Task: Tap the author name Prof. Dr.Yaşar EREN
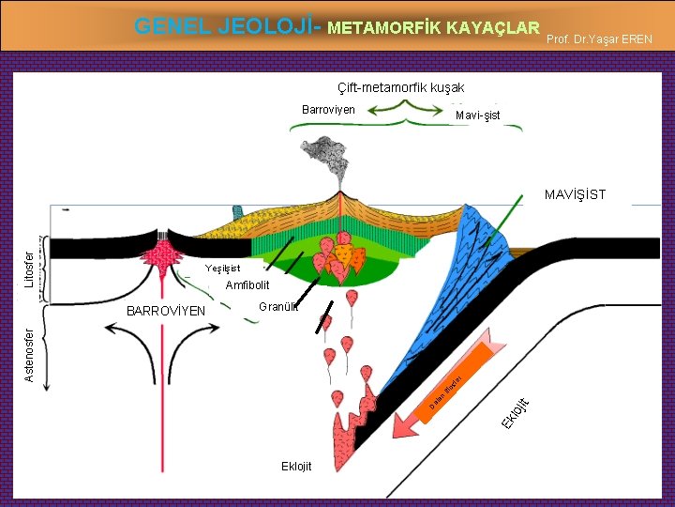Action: pos(603,38)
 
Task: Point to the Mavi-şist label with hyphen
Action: pos(477,115)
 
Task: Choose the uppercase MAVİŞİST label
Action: pos(575,195)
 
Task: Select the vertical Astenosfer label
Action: pos(29,355)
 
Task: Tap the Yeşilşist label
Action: pos(222,269)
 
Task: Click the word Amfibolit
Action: pos(247,285)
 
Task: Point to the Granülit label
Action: pos(277,306)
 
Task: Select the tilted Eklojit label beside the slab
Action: pos(515,412)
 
